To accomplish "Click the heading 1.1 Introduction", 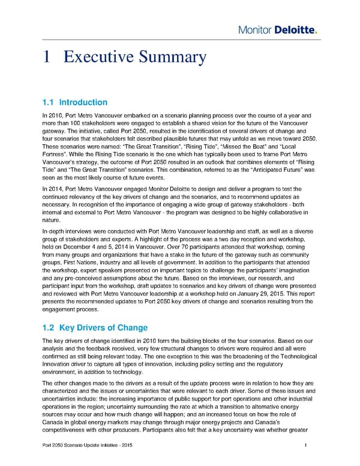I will point(74,102).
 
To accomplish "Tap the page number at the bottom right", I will point(306,445).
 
